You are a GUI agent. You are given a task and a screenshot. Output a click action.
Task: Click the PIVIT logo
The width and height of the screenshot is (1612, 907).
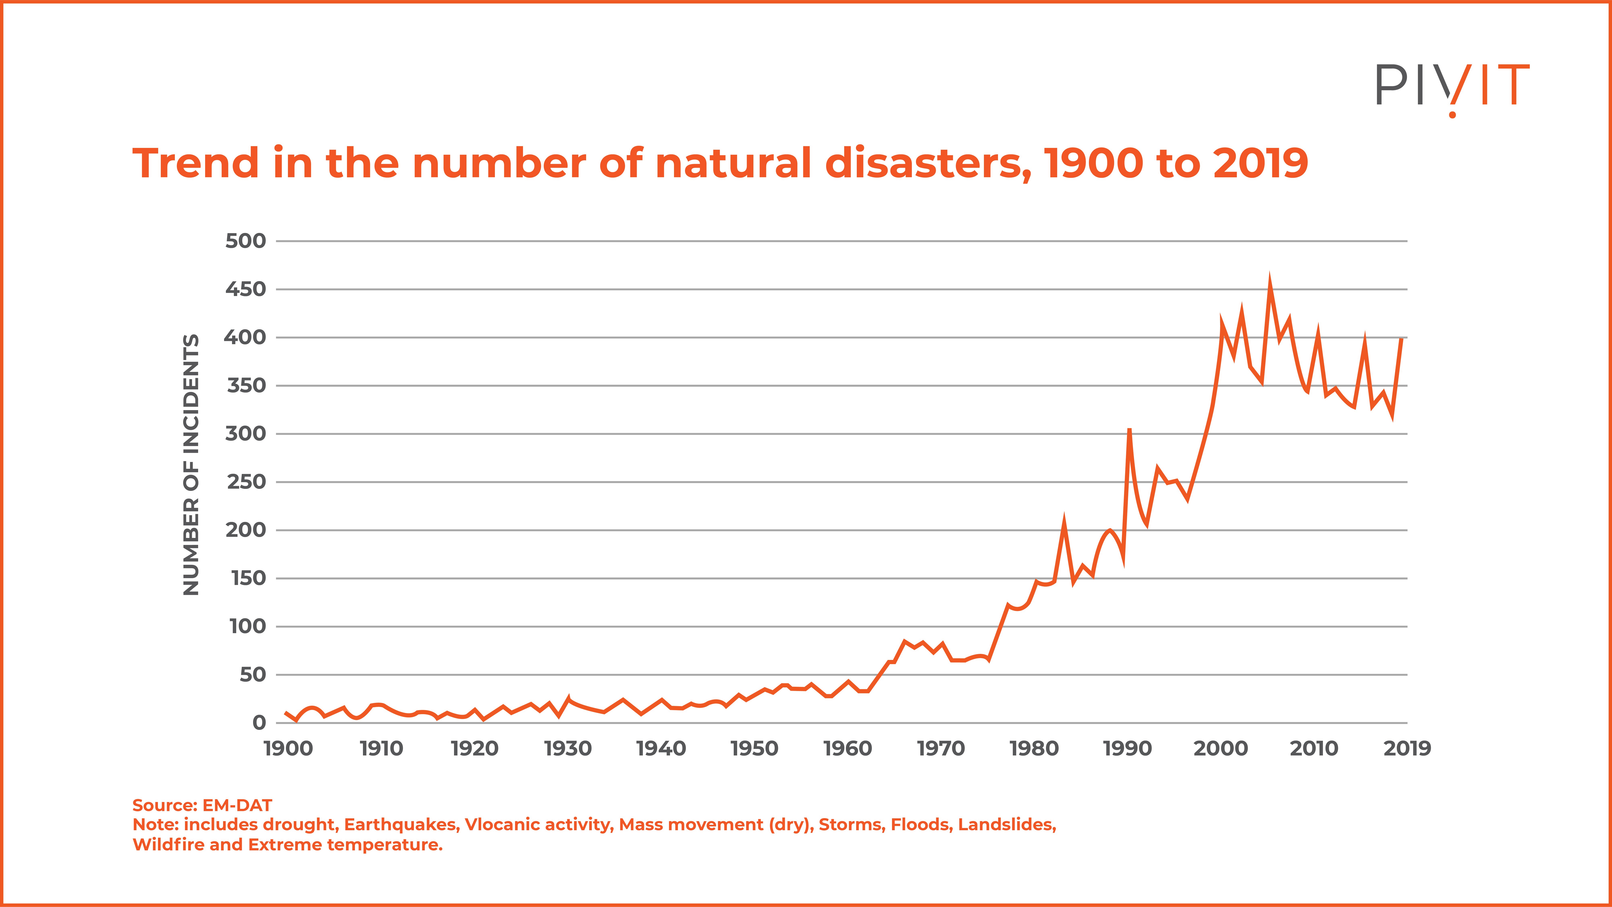1452,88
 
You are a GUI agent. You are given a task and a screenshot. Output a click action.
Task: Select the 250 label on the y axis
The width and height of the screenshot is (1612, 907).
246,482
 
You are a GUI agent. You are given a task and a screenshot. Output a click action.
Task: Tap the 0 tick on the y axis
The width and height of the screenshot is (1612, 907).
259,723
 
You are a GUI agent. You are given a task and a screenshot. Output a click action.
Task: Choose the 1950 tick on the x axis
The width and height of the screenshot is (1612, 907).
754,749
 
